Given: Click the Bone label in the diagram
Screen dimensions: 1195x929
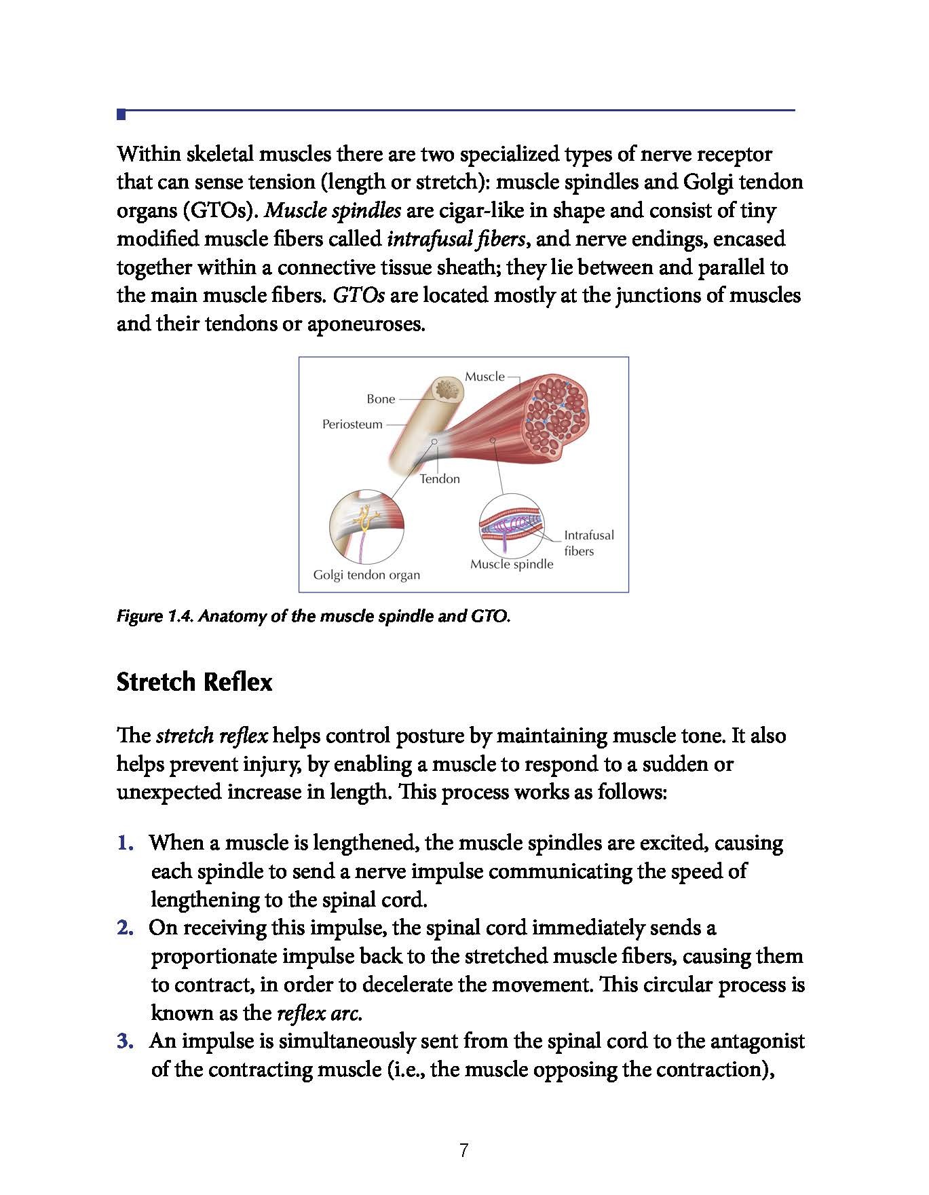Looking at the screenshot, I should pyautogui.click(x=381, y=399).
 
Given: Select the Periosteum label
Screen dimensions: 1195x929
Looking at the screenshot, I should pyautogui.click(x=352, y=424).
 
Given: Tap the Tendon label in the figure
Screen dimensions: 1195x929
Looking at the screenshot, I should pyautogui.click(x=440, y=478).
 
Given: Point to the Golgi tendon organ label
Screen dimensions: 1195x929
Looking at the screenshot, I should pyautogui.click(x=366, y=575).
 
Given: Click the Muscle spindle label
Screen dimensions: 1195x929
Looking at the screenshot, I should pyautogui.click(x=512, y=564).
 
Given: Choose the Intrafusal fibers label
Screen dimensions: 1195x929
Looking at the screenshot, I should pyautogui.click(x=588, y=543).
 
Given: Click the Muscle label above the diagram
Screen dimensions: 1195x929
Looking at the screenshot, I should pyautogui.click(x=485, y=377).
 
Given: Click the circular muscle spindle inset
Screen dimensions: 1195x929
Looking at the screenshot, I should pyautogui.click(x=512, y=526).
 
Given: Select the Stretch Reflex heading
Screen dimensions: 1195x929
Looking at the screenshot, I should pyautogui.click(x=194, y=681).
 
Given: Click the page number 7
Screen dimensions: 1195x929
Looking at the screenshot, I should pyautogui.click(x=464, y=1150).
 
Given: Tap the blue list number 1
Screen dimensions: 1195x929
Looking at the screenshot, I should pyautogui.click(x=125, y=843).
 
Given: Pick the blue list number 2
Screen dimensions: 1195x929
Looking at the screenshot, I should pyautogui.click(x=125, y=928).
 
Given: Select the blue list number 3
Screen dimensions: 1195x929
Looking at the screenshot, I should pyautogui.click(x=125, y=1041).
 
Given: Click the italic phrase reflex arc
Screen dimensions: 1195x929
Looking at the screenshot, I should pyautogui.click(x=319, y=1013).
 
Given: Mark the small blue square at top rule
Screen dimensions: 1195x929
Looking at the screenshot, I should pyautogui.click(x=121, y=114).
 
